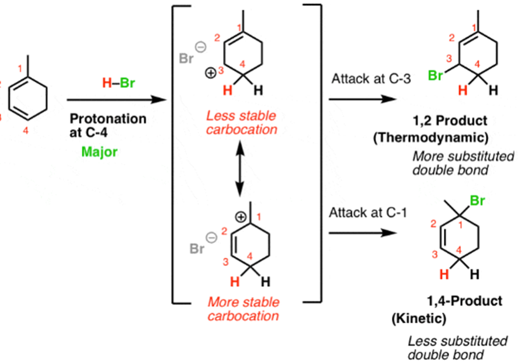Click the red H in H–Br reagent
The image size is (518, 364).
tap(106, 83)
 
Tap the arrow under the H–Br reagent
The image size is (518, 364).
tap(114, 100)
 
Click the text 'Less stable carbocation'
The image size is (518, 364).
tap(241, 123)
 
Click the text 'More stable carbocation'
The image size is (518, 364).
tap(242, 309)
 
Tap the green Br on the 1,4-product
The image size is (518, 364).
tap(478, 201)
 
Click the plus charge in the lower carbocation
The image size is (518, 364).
tap(240, 216)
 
